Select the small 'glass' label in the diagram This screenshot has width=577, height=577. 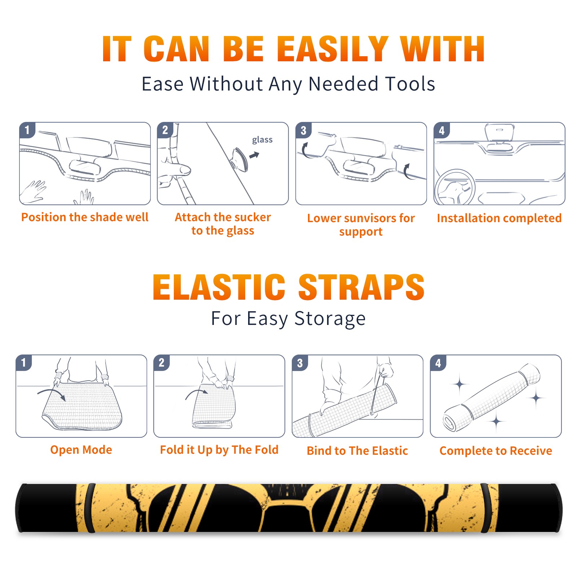[x=262, y=140]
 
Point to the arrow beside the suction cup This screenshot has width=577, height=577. [x=254, y=155]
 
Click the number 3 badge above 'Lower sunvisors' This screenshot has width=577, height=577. [x=303, y=131]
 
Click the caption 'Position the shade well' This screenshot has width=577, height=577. [x=85, y=217]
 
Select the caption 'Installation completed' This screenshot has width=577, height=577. [x=499, y=218]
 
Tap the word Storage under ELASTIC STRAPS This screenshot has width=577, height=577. [x=330, y=319]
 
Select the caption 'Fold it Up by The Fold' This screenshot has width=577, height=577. [x=219, y=450]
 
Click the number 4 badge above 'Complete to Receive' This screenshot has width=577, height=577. [x=438, y=363]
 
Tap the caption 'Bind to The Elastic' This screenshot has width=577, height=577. [x=357, y=451]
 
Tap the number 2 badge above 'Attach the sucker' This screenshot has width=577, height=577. [x=165, y=131]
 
